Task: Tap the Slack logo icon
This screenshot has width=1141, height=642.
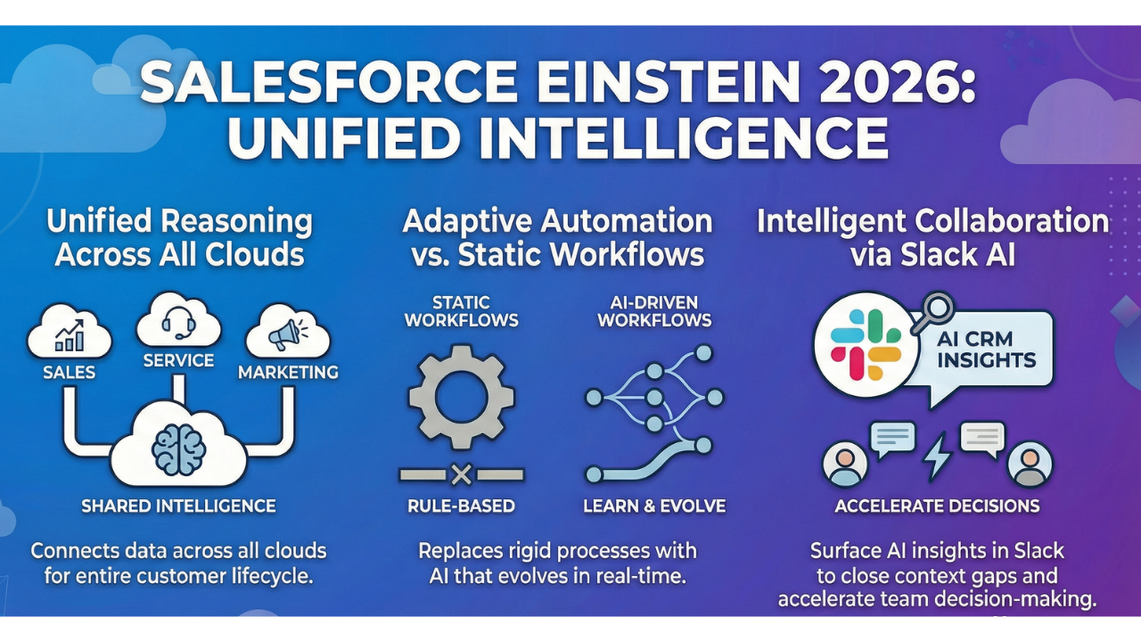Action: click(866, 345)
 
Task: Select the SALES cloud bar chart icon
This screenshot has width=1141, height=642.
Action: click(70, 336)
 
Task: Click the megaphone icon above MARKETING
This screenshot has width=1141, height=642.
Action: click(288, 333)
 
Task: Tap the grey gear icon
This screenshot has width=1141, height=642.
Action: click(461, 397)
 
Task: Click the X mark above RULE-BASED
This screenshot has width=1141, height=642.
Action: click(461, 475)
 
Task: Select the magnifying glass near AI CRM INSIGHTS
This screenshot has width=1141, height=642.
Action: click(933, 312)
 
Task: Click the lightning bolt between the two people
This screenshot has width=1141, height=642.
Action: click(937, 457)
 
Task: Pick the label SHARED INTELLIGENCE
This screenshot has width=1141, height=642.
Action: click(179, 506)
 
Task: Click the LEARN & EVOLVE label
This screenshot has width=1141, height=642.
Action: click(654, 506)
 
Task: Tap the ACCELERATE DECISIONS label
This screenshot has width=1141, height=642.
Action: click(937, 506)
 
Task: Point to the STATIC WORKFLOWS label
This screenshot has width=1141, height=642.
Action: click(461, 311)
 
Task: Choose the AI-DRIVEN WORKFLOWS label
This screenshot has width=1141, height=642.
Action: click(654, 311)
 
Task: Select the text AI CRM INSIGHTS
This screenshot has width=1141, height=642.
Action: click(986, 350)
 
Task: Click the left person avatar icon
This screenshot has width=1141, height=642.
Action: click(845, 465)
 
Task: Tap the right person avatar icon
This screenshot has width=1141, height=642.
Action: click(1030, 465)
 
